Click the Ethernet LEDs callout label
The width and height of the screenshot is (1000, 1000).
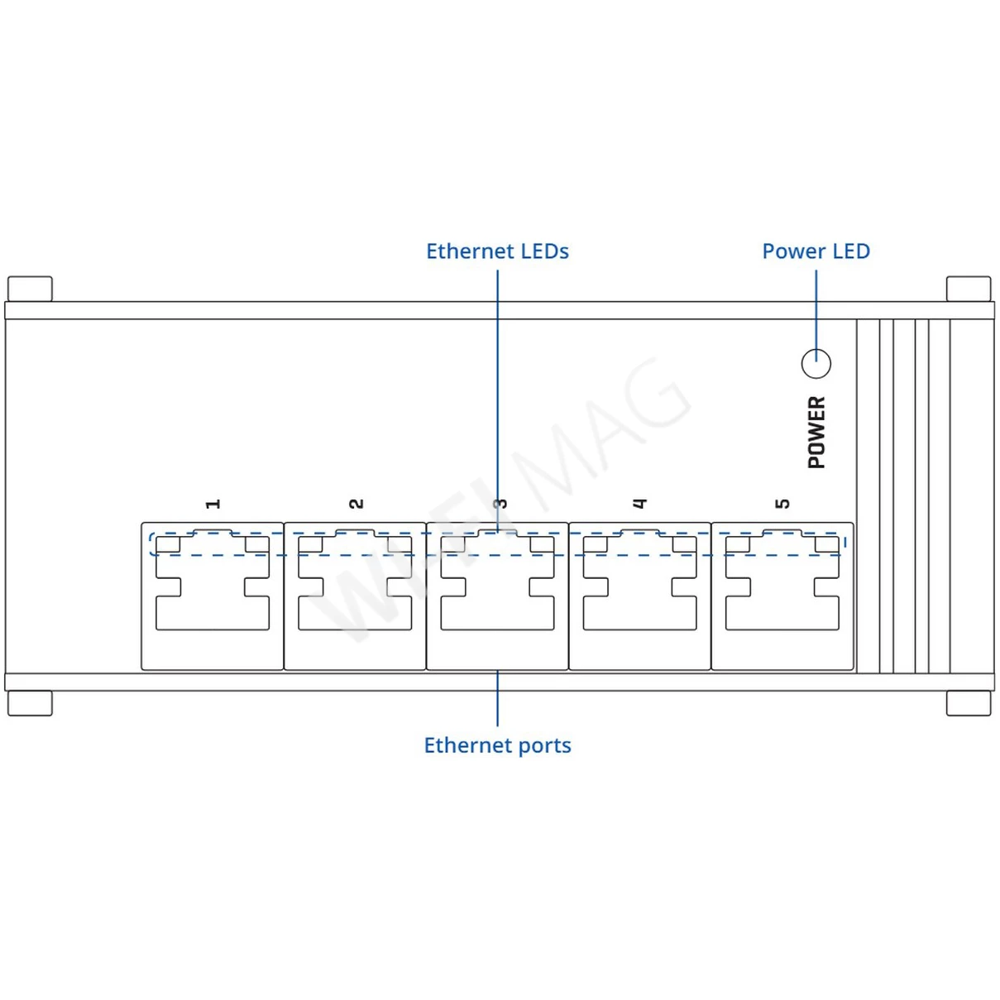pos(497,251)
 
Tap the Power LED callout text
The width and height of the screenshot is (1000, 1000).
pos(816,251)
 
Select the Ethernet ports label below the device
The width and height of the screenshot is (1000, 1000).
pos(497,746)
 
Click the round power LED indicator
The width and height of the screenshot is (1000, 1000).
pos(816,364)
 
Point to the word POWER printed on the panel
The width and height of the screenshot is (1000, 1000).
pos(817,433)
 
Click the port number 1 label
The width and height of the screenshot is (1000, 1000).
pos(213,504)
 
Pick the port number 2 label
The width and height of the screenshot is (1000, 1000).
pos(356,504)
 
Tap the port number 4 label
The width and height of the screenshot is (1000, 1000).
pos(640,504)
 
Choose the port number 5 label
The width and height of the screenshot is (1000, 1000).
pos(782,504)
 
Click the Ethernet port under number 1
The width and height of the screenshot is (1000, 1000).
pos(213,596)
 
